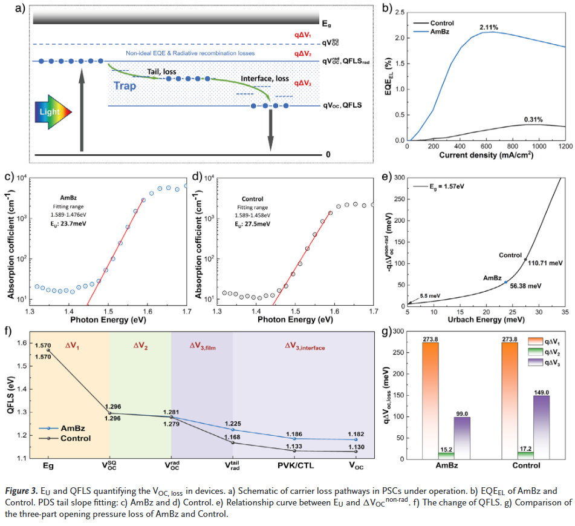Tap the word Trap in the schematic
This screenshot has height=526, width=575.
tap(125, 86)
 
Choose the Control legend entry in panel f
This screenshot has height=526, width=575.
tap(73, 438)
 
